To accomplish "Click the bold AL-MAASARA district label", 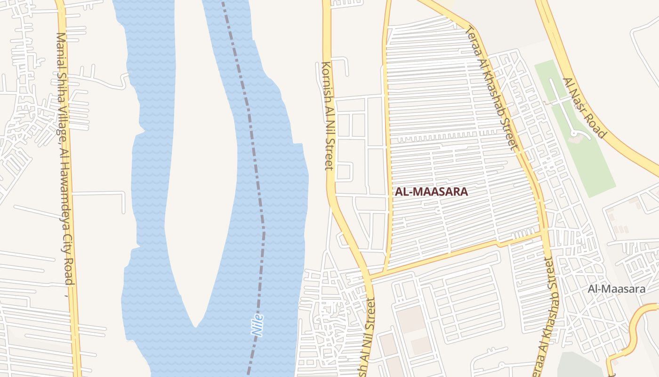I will click(x=431, y=192).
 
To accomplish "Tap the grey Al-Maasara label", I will click(x=616, y=289).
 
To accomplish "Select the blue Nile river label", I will click(x=257, y=325).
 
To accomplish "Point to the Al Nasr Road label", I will click(x=584, y=108).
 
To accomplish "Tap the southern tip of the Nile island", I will click(x=195, y=325).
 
